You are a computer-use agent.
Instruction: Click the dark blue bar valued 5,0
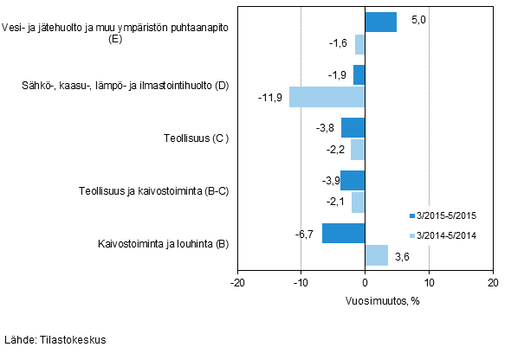click(x=380, y=22)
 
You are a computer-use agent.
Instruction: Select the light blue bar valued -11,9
click(x=327, y=97)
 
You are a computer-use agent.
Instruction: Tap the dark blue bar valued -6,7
click(x=343, y=234)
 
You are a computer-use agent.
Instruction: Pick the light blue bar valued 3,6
click(x=376, y=255)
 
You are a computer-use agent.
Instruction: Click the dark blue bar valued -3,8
click(x=353, y=128)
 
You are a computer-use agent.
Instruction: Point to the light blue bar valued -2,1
click(x=358, y=202)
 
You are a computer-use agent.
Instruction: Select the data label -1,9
click(x=338, y=75)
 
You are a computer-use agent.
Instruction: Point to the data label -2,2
click(x=335, y=150)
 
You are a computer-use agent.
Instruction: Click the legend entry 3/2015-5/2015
click(x=446, y=215)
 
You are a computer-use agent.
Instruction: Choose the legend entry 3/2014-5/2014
click(x=446, y=235)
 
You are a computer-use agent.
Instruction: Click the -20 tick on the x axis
click(x=237, y=282)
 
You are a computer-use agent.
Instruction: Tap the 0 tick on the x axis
click(x=365, y=282)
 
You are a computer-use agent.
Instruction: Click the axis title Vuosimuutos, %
click(x=365, y=300)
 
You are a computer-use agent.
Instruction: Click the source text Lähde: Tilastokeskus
click(x=55, y=340)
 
